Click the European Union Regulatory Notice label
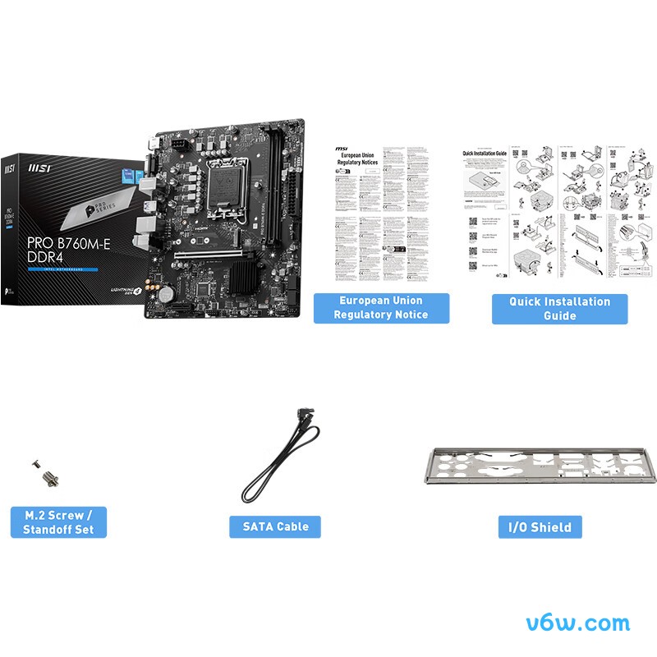point(381,308)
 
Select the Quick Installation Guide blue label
point(559,308)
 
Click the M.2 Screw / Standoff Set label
point(58,522)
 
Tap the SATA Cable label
point(275,526)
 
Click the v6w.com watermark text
point(586,623)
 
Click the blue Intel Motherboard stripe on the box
point(62,269)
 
